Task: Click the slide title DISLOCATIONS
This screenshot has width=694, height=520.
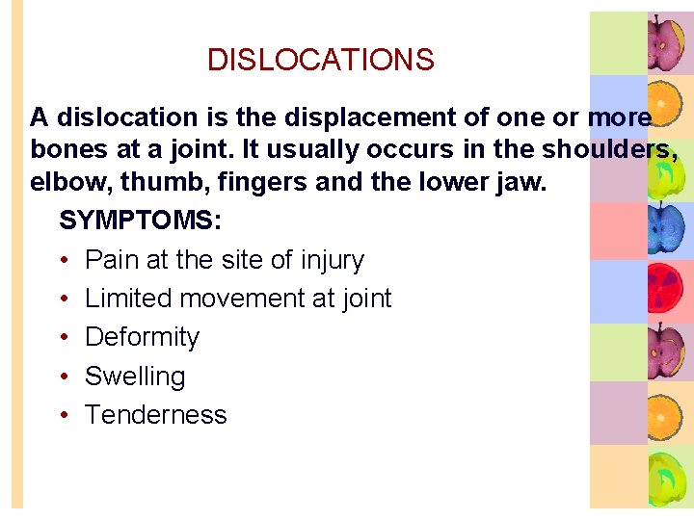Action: tap(321, 61)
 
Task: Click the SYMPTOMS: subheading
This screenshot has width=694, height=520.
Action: tap(141, 221)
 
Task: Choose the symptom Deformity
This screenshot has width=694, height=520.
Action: tap(142, 338)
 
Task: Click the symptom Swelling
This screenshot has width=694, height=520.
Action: tap(135, 377)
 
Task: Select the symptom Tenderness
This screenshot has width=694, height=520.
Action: tap(156, 415)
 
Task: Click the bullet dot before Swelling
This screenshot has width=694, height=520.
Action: tap(63, 377)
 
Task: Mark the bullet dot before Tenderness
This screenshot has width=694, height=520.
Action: tap(63, 415)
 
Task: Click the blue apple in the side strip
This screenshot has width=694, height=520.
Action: tap(665, 229)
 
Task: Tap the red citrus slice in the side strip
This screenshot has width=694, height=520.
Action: tap(665, 291)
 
